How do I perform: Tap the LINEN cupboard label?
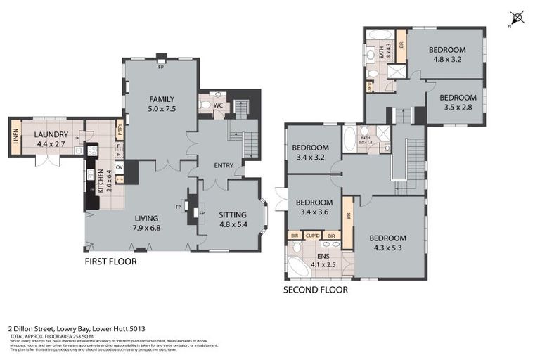[15, 137]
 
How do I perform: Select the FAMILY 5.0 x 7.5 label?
[161, 103]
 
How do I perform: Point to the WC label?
[218, 106]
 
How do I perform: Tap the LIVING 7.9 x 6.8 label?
[147, 223]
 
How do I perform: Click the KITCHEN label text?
[101, 181]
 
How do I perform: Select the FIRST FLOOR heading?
[110, 262]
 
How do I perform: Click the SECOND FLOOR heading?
[315, 290]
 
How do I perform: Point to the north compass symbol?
[518, 17]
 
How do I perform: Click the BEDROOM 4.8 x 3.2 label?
[447, 55]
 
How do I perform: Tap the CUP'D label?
[313, 236]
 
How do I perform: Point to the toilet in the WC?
[205, 106]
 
